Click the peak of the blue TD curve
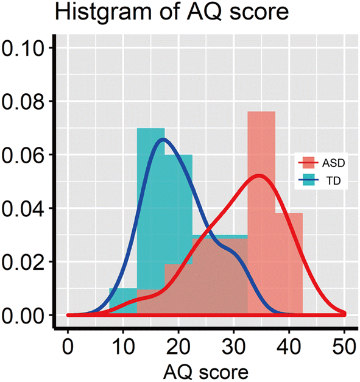pos(163,140)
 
